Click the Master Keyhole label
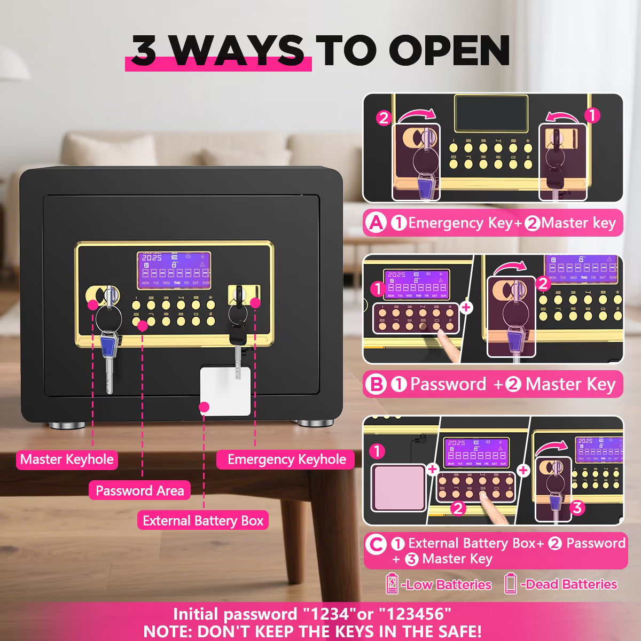click(67, 459)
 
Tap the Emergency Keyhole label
click(285, 459)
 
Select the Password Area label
click(140, 490)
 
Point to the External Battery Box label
click(203, 521)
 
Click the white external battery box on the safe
click(225, 391)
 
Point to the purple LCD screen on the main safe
click(174, 270)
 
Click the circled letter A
click(376, 223)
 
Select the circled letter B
click(376, 384)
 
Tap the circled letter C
click(376, 544)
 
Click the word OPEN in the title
click(449, 50)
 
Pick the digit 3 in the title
click(144, 51)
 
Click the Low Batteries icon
click(392, 584)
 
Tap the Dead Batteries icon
click(510, 584)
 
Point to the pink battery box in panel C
click(398, 488)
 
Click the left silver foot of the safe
click(67, 425)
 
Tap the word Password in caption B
click(448, 384)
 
